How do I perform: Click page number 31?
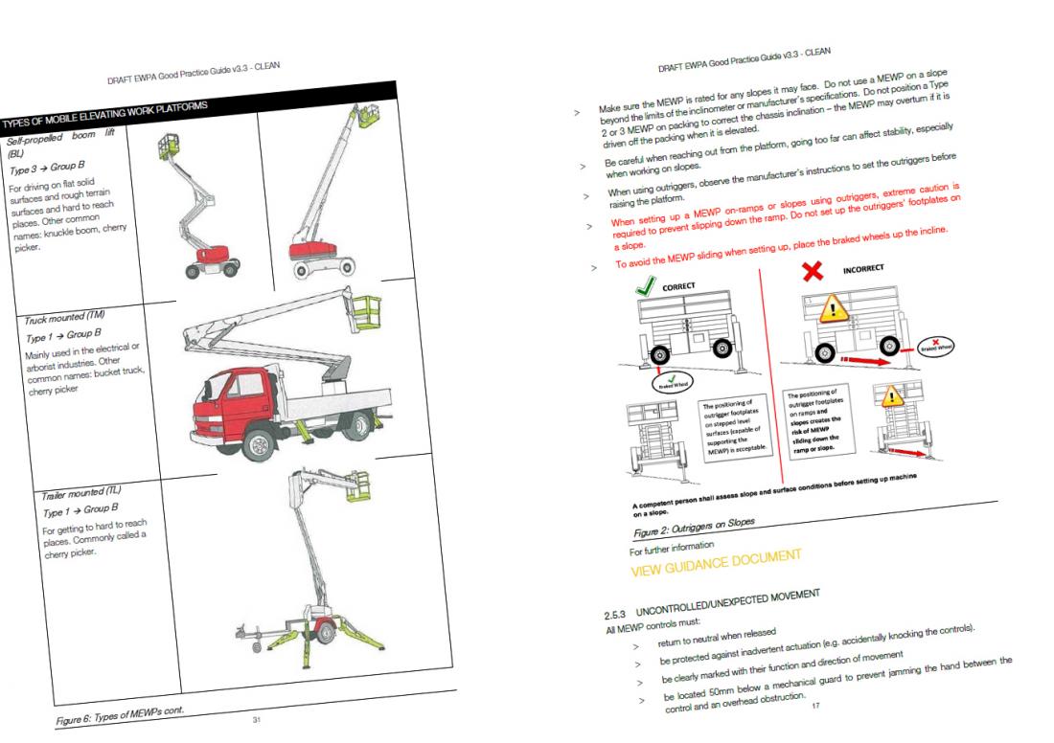point(256,714)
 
